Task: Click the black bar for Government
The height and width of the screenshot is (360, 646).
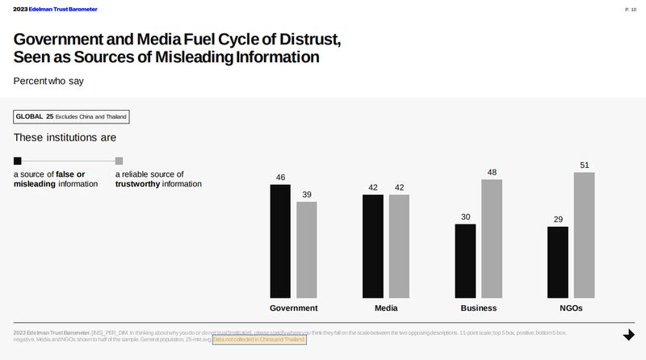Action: (x=280, y=241)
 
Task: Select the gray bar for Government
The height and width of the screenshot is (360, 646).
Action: (x=306, y=249)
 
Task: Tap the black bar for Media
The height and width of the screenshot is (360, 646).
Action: (x=372, y=245)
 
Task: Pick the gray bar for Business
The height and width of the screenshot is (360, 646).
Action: (x=492, y=238)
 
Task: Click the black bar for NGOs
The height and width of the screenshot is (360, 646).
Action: (x=558, y=262)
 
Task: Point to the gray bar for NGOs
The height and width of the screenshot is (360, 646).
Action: (x=584, y=235)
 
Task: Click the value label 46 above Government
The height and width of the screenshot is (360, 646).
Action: (x=280, y=178)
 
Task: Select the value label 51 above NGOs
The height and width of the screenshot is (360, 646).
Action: (x=584, y=165)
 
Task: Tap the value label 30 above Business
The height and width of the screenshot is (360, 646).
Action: (x=465, y=217)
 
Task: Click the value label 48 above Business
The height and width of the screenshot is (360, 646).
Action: (x=492, y=173)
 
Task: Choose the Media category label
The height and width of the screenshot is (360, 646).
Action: (x=386, y=308)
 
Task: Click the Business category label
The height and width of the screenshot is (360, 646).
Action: (x=479, y=308)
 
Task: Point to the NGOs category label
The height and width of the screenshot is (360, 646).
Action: (x=571, y=308)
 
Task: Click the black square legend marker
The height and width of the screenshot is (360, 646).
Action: (x=18, y=161)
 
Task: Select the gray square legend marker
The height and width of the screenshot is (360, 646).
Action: (x=119, y=161)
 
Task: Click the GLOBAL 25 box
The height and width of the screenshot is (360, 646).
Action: (x=71, y=117)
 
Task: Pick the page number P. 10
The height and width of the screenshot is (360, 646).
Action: (x=631, y=9)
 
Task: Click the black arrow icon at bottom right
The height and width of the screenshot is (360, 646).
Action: (x=628, y=334)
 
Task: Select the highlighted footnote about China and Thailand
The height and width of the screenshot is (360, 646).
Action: (x=259, y=340)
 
